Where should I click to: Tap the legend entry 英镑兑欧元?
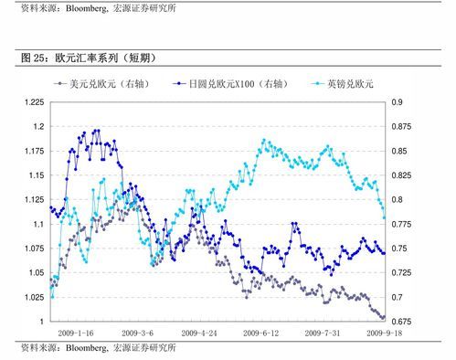[x=352, y=83]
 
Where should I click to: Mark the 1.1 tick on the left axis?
[x=36, y=224]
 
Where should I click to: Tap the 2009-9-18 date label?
[x=385, y=334]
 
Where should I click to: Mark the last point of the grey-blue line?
[x=384, y=318]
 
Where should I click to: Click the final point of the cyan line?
[x=384, y=217]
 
